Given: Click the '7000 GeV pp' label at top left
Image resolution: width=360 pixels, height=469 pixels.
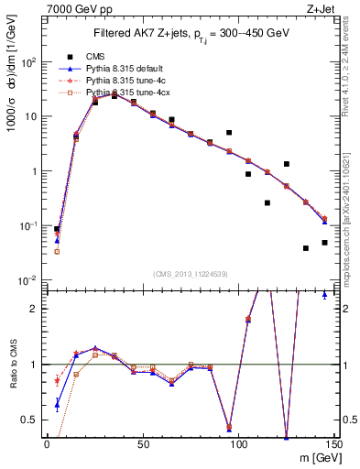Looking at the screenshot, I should pos(77,8).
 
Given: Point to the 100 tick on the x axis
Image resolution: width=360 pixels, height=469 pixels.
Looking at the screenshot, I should pos(238,444).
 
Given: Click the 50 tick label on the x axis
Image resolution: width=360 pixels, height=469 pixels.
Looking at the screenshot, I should pos(143,444).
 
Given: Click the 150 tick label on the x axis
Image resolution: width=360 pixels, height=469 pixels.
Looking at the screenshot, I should pos(333,444).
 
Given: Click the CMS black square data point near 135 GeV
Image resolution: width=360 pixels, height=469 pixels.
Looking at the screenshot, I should pos(306,248).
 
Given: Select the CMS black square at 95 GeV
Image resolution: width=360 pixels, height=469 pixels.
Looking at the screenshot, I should pos(229,133).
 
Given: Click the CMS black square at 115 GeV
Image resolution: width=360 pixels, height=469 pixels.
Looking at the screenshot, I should pos(267,202).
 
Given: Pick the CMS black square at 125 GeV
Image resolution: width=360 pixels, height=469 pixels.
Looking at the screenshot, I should pos(287,164).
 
